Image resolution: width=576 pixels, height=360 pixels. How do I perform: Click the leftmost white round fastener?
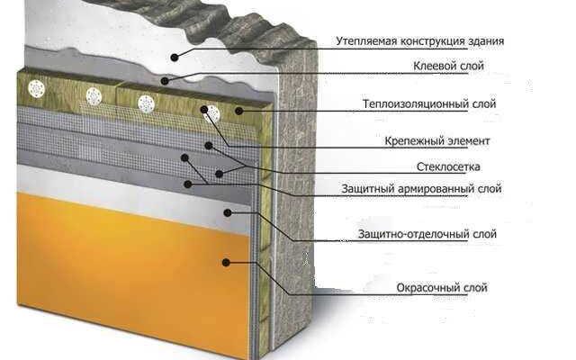(37, 88)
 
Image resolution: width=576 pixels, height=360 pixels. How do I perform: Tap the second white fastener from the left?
(92, 96)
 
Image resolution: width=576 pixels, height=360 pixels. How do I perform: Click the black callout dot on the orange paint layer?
(229, 262)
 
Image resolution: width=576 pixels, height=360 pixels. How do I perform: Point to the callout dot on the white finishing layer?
(229, 212)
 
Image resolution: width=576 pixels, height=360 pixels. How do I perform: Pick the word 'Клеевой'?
(429, 67)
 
